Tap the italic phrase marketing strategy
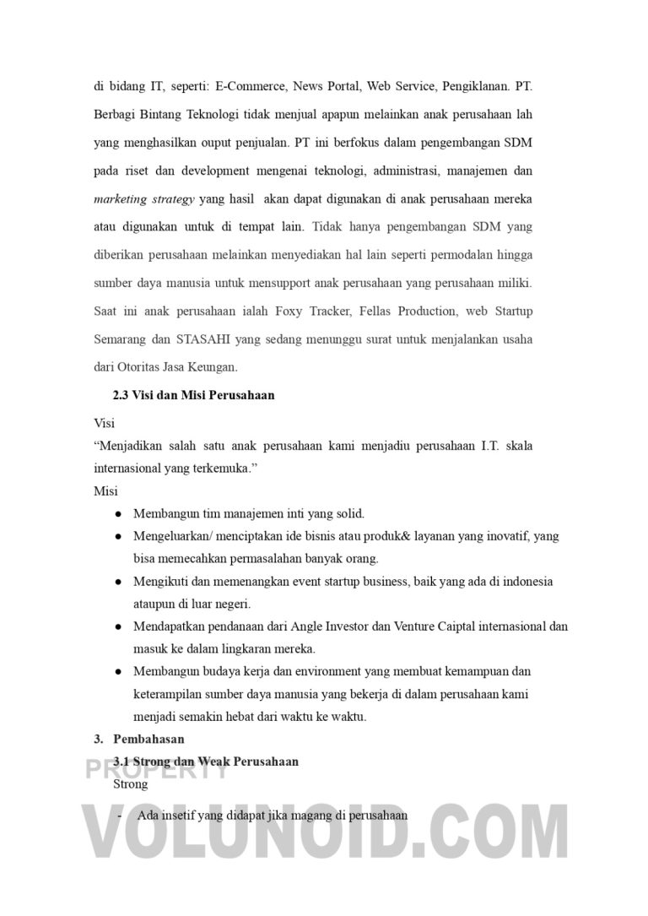point(144,199)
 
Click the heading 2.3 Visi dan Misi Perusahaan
point(193,394)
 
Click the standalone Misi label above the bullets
point(105,491)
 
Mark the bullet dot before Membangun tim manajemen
point(118,513)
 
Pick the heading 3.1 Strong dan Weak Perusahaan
point(205,762)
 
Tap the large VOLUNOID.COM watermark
point(324,840)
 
